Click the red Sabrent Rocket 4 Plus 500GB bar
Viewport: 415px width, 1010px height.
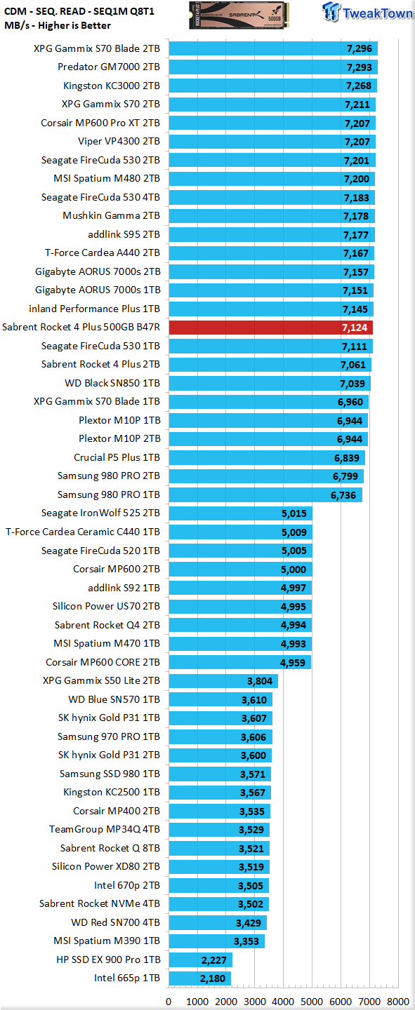[x=270, y=328]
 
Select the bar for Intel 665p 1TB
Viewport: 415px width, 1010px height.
[x=199, y=978]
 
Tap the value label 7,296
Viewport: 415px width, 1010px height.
[x=360, y=48]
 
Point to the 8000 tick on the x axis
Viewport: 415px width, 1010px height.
[x=398, y=1001]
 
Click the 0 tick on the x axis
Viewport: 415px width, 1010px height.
[x=169, y=1001]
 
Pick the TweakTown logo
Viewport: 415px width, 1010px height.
[x=367, y=12]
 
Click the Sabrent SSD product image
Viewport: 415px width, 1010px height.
[x=239, y=15]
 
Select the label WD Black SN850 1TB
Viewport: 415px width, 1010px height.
[x=112, y=383]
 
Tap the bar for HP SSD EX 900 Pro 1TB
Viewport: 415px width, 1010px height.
[x=201, y=959]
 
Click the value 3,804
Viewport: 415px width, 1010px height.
[x=260, y=681]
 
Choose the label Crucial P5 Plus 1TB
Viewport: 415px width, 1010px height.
[x=117, y=457]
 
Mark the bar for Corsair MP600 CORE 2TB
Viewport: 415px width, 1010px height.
[x=239, y=662]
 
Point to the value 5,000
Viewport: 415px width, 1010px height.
[x=294, y=570]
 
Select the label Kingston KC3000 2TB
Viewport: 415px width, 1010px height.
[x=112, y=86]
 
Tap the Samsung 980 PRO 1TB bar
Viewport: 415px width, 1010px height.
[x=265, y=494]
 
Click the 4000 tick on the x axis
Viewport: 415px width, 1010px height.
[x=283, y=1001]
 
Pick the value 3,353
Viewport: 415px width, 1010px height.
[x=246, y=941]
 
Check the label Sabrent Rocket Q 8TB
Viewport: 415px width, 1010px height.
[x=110, y=848]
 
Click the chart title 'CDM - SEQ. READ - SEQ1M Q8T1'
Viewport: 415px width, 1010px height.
[x=79, y=11]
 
